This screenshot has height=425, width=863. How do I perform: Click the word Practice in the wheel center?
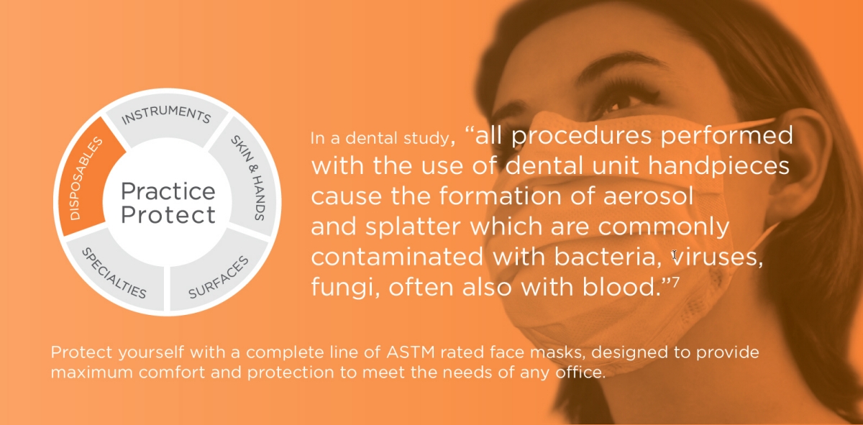coord(168,191)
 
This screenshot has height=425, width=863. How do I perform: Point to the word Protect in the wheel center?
coord(168,214)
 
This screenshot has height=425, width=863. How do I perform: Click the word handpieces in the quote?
coord(718,166)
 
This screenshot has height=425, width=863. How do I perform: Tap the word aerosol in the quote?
coord(648,196)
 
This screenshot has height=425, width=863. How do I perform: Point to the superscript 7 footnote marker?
coord(675,283)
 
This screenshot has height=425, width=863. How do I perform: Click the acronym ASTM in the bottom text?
coord(411,352)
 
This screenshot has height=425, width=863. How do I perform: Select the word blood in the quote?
coord(621,287)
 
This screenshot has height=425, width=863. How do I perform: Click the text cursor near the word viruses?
coord(675,255)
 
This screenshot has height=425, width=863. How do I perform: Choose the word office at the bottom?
coord(580,373)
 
